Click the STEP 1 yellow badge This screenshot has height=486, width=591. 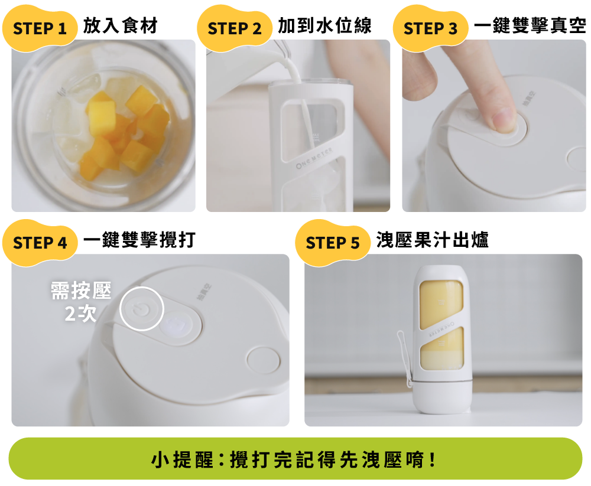pos(40,28)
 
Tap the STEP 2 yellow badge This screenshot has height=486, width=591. pos(235,28)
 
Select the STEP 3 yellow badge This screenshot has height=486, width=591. pos(430,28)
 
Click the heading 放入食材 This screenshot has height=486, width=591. pos(120,25)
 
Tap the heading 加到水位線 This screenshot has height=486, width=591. pos(324,25)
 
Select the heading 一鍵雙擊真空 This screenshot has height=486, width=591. pos(530,25)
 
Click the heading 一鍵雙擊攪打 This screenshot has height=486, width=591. pos(139,240)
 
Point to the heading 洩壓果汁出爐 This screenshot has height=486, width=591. pos(433,240)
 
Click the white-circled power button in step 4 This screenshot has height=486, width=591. pos(142,309)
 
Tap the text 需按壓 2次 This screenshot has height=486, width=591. pos(81,302)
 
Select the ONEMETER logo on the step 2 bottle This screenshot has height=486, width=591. pos(314,158)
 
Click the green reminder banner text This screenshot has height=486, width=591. pos(293,459)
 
